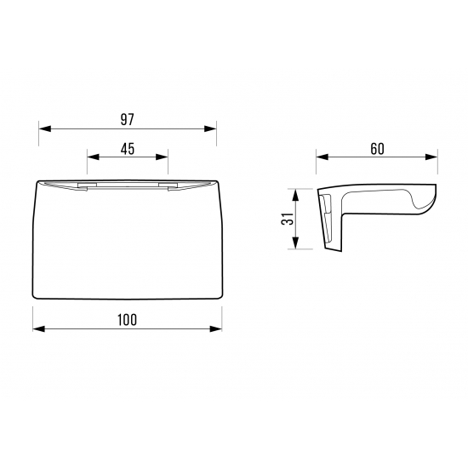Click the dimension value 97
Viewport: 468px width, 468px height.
128,119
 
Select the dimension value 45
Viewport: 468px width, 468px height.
128,149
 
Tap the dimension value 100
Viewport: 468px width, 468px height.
127,320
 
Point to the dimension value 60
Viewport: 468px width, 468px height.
377,149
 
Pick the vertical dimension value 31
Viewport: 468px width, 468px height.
287,219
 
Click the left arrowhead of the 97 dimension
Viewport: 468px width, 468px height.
45,129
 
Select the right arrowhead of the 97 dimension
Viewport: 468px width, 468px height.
210,129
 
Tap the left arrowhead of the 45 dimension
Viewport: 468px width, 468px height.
93,157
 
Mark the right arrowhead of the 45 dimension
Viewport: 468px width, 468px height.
162,157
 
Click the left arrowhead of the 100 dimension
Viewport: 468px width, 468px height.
39,329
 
